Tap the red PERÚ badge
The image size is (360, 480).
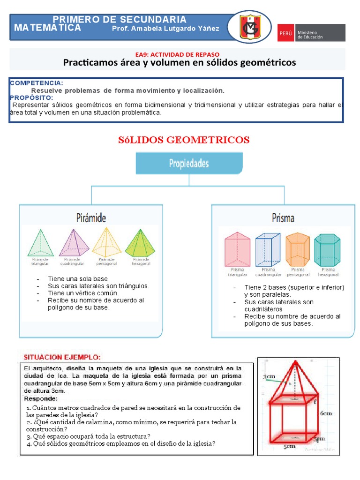coord(285,33)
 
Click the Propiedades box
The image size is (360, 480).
coord(189,164)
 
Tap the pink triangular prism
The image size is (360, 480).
coord(238,249)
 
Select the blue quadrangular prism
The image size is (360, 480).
coord(268,249)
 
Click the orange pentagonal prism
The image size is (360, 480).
coord(298,249)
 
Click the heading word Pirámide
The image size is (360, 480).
coord(91,218)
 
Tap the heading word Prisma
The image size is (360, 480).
coord(283,218)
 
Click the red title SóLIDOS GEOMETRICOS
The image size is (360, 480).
coord(182,140)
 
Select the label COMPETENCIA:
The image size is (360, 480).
coord(37,83)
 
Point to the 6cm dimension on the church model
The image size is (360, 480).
coord(326,413)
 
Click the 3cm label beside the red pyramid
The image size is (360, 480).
coord(269,376)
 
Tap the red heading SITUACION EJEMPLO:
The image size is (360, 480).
coord(62,357)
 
